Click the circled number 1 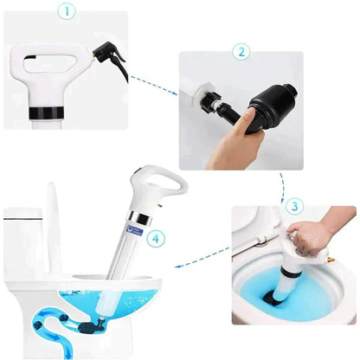[66, 13]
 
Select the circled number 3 [294, 208]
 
